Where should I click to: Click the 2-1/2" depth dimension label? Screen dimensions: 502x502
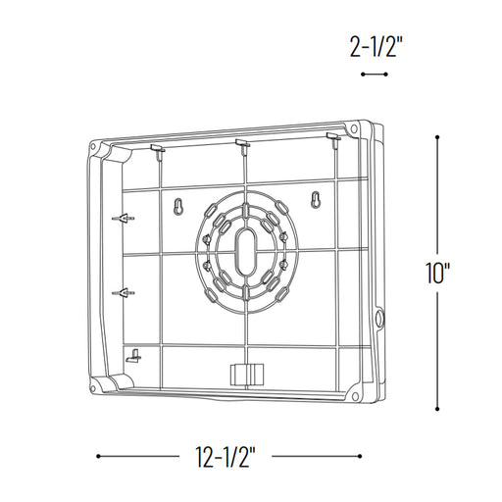point(375,47)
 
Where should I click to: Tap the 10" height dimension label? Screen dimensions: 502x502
point(438,274)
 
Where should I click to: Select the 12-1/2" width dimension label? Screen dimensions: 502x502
point(226,456)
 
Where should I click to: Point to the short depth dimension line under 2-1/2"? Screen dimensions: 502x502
point(375,75)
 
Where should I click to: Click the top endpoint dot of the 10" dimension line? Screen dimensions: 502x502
point(437,137)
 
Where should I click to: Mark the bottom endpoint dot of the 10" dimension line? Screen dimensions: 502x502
point(437,409)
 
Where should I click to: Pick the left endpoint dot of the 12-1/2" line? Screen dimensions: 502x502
point(98,456)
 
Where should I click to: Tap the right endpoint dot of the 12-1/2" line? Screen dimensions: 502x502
point(360,456)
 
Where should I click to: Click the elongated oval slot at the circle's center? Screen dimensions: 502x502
point(246,252)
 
